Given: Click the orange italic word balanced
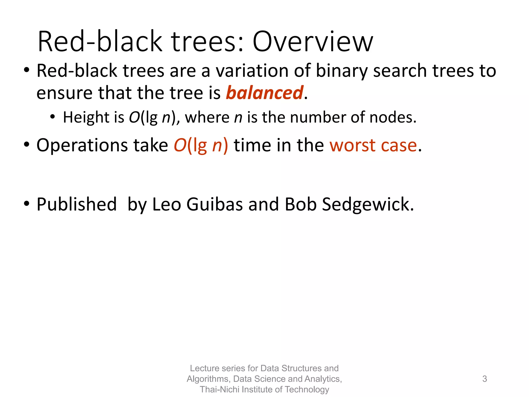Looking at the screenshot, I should [264, 93].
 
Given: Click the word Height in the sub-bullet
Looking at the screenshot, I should [86, 117].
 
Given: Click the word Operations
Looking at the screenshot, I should [82, 145].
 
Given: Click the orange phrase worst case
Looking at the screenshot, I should [373, 145].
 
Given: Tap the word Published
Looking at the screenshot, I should [77, 204].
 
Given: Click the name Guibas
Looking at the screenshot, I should [214, 204].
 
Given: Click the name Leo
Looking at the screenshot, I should [167, 204].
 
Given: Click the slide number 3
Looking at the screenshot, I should [485, 379].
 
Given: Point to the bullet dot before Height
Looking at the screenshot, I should [53, 117].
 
